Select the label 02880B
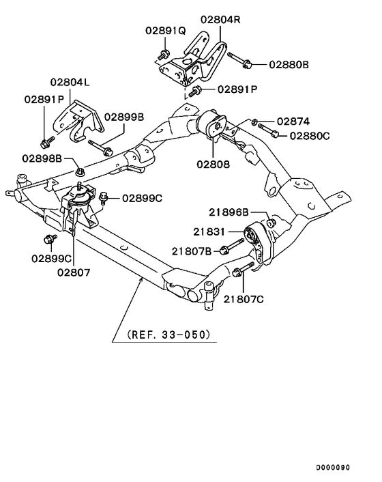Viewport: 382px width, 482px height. click(289, 64)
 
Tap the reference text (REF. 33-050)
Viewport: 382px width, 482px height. click(168, 335)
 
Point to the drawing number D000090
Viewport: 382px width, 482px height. click(332, 468)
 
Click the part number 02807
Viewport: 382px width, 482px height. click(73, 272)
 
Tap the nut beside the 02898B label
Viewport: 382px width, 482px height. click(80, 167)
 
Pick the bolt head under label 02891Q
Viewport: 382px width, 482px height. click(164, 55)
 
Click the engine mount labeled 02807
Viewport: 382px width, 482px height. click(80, 205)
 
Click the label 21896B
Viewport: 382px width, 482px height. click(229, 212)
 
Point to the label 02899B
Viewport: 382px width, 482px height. click(123, 117)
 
